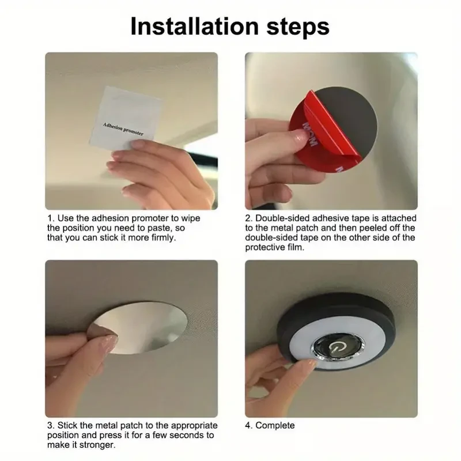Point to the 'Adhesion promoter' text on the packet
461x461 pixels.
tap(123, 128)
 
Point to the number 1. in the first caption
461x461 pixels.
tap(51, 219)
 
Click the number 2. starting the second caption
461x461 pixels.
tap(250, 219)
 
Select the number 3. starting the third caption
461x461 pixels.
tap(51, 426)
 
